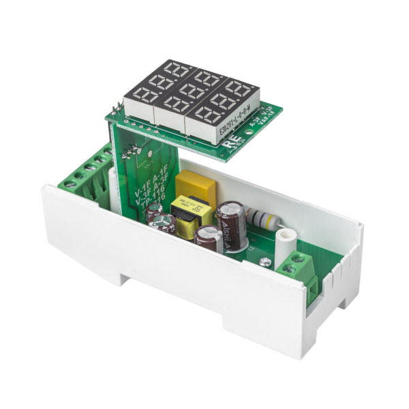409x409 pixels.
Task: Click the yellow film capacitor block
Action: pyautogui.click(x=193, y=184)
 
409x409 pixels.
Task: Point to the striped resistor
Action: pyautogui.click(x=263, y=217)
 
